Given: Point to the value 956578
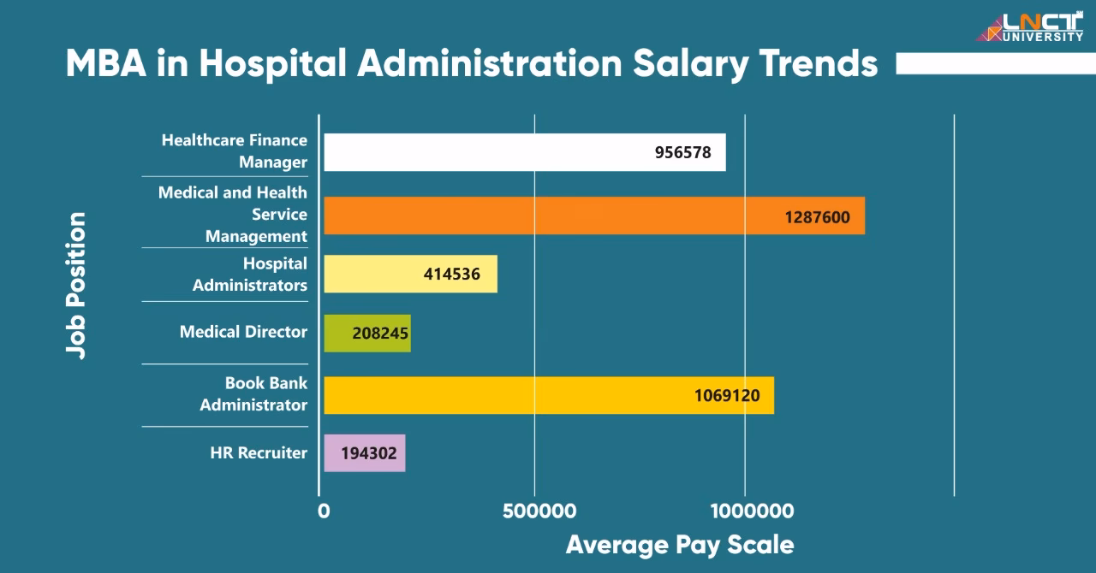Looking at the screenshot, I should tap(682, 153).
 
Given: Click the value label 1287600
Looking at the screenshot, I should tap(817, 217).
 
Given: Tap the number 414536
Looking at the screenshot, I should tap(451, 275).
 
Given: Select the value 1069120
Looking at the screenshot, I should tap(726, 396).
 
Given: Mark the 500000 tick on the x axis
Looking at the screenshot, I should tap(539, 511).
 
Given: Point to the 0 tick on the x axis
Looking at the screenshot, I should tap(323, 511).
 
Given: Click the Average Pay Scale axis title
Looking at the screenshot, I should tap(679, 545).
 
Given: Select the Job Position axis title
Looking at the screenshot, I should tap(76, 286).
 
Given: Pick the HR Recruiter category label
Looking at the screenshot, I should tap(259, 453).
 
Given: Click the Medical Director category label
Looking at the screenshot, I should tap(243, 332).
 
